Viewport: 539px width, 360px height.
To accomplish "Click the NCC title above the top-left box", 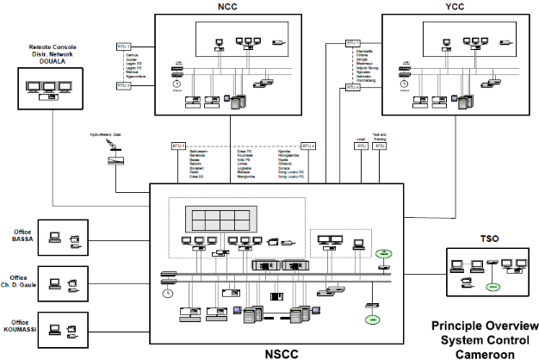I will [227, 6].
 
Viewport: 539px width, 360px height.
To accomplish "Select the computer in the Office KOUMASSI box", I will [53, 326].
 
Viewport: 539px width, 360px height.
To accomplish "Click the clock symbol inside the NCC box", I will [176, 84].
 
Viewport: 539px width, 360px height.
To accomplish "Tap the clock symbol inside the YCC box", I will [401, 84].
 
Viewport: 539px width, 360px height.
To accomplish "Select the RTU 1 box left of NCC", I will [122, 45].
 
